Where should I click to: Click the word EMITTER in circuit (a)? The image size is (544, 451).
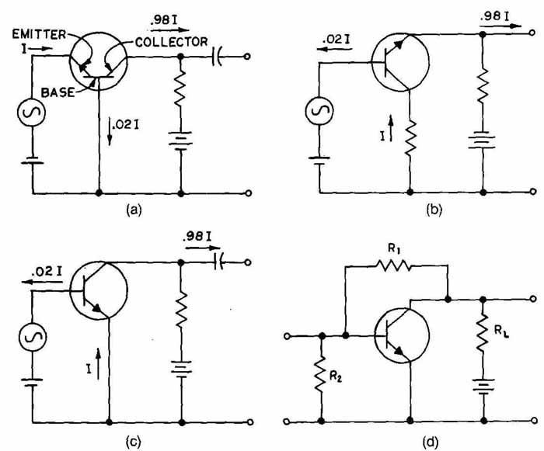tap(39, 34)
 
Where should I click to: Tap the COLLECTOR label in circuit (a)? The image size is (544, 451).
tap(172, 42)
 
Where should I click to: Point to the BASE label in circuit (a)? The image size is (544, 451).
tap(58, 92)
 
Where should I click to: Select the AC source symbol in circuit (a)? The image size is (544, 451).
tap(32, 112)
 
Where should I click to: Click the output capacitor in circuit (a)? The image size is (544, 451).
tap(217, 57)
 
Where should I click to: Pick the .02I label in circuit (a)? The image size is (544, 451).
tap(126, 125)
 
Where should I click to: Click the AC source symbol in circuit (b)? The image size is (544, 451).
tap(319, 110)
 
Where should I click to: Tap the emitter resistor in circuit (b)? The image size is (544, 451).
tap(410, 137)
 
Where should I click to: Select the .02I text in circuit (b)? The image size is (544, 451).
tap(336, 40)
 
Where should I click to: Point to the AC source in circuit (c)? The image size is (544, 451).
tap(33, 337)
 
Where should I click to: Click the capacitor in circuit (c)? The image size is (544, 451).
tap(219, 263)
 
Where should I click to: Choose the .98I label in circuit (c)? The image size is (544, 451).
tap(197, 237)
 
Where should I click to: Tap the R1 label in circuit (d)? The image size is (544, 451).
tap(393, 249)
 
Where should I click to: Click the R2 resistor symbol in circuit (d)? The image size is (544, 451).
tap(321, 374)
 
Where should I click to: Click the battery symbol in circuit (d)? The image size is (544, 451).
tap(483, 386)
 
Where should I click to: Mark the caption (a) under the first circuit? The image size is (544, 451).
tap(134, 210)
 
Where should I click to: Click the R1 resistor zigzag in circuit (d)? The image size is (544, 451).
tap(394, 265)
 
